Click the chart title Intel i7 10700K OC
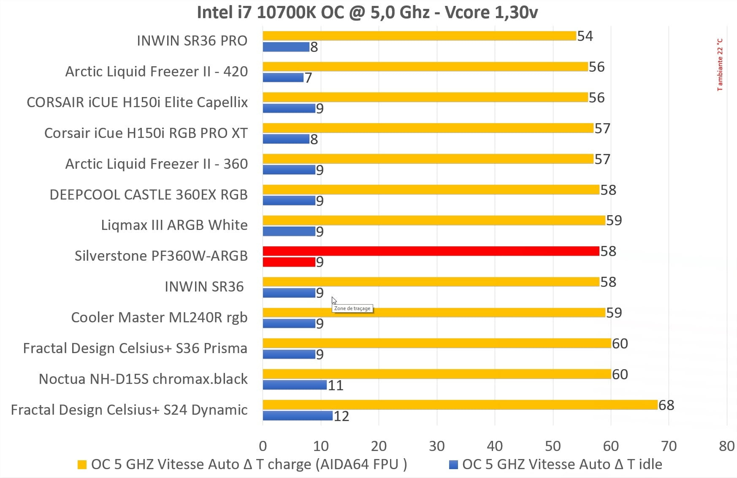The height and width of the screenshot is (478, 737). (x=367, y=12)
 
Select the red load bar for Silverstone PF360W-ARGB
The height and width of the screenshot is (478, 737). (x=431, y=251)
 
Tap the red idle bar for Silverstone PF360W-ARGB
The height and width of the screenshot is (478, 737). (x=289, y=262)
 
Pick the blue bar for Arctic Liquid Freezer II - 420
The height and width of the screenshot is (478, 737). (x=283, y=78)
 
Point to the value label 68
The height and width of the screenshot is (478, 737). (x=666, y=405)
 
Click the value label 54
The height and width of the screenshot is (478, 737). (x=585, y=36)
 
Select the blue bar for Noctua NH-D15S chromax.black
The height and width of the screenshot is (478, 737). (x=295, y=385)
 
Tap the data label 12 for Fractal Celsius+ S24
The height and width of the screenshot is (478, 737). (x=341, y=416)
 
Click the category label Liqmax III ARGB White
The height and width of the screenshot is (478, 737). (x=174, y=225)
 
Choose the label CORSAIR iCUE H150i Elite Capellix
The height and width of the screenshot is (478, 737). (x=137, y=102)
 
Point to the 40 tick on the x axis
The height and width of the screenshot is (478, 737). (x=495, y=446)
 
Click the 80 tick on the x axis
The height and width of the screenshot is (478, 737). (x=726, y=446)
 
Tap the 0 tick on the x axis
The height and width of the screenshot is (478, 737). (x=263, y=446)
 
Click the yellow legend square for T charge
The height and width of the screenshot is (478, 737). (x=82, y=464)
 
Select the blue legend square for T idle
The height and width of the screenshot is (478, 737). (x=453, y=464)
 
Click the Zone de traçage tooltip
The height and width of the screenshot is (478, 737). (x=352, y=308)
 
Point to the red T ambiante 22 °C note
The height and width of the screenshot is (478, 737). (x=720, y=65)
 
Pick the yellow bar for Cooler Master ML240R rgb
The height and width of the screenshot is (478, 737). (x=434, y=313)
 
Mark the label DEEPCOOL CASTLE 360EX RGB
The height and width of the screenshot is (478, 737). (x=149, y=194)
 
